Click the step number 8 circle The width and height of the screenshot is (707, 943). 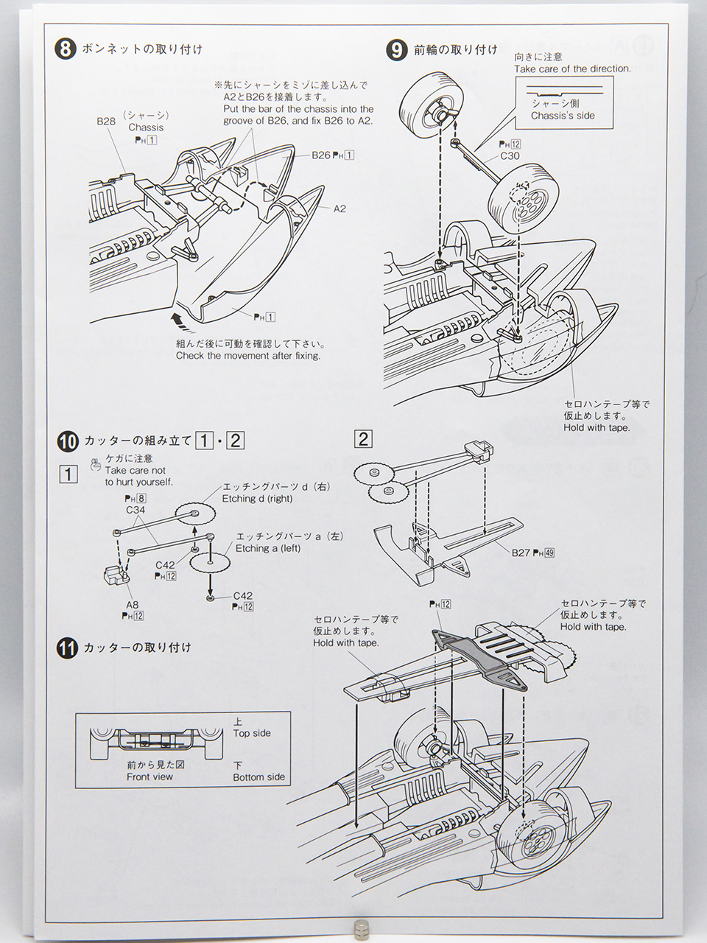click(66, 50)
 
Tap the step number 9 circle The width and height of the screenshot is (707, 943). click(396, 50)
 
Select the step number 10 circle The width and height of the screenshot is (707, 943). click(67, 441)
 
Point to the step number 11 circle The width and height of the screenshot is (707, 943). click(67, 648)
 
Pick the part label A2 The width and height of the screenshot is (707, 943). click(340, 208)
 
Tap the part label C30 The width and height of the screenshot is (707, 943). click(510, 155)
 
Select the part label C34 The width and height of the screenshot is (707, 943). click(136, 510)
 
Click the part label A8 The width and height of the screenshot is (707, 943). click(132, 605)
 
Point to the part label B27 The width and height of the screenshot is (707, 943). click(521, 552)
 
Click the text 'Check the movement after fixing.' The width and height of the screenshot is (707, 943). click(248, 356)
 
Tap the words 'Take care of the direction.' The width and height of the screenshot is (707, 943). click(572, 69)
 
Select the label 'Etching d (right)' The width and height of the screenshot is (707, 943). click(257, 499)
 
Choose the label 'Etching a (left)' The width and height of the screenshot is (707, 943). click(268, 548)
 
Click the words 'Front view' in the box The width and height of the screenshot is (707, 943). click(150, 777)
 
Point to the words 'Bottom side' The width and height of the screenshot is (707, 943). click(258, 777)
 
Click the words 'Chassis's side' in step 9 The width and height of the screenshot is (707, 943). click(563, 116)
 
